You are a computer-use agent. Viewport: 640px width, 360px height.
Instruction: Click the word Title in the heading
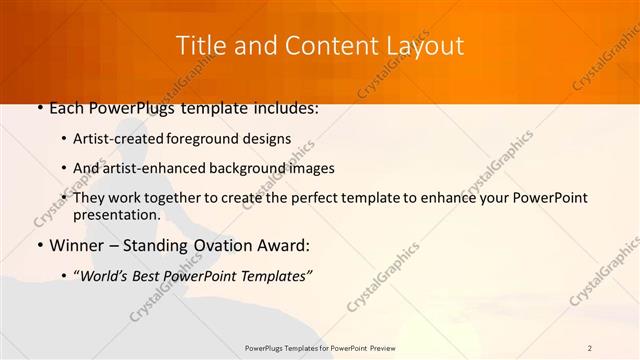(x=200, y=46)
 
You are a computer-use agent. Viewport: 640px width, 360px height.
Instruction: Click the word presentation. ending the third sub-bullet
(x=116, y=214)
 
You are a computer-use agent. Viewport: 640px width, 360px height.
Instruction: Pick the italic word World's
(x=104, y=276)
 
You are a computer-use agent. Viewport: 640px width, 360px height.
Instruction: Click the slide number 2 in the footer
(x=590, y=348)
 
